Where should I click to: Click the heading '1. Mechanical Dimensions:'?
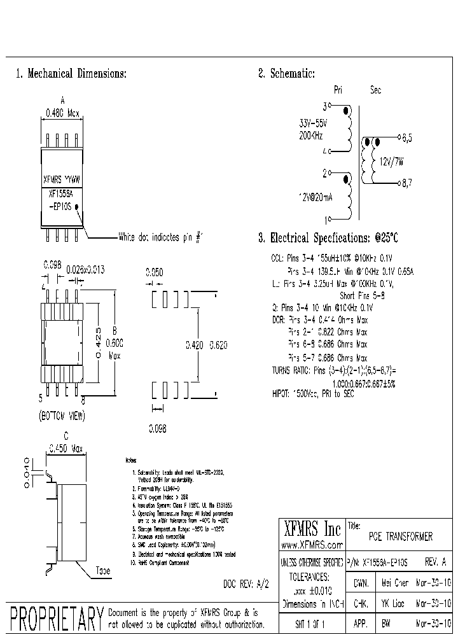tap(71, 74)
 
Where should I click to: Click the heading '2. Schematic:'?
tap(286, 74)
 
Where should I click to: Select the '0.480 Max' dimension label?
tap(62, 114)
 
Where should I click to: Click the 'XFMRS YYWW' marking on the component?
tap(62, 180)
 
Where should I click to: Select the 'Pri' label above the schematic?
tap(338, 91)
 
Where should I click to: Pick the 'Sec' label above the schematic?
tap(375, 91)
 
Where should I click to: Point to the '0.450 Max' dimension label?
tap(66, 449)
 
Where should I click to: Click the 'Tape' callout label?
tap(102, 570)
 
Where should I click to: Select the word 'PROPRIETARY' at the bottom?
tap(57, 618)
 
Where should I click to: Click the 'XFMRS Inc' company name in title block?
tap(311, 529)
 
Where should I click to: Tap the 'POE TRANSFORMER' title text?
tap(401, 537)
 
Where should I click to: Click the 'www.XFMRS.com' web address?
tap(312, 545)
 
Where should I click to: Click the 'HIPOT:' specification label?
tap(282, 395)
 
